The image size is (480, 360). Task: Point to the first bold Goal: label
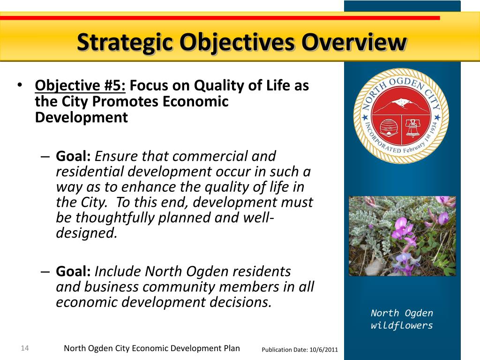coord(73,156)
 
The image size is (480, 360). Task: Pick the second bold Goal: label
coord(73,271)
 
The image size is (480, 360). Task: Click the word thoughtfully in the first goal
coord(115,218)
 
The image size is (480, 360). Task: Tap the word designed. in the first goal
coord(87,233)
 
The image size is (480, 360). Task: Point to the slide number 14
coord(25,348)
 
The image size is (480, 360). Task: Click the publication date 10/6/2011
coord(324,350)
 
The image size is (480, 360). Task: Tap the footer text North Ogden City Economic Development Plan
coord(152,348)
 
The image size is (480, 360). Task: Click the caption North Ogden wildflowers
coord(402,319)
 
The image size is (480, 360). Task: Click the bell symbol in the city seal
coord(413,128)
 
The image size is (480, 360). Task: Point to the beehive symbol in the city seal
coord(389,127)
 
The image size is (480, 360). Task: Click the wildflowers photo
coord(402,236)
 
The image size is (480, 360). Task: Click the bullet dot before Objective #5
coord(20,85)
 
